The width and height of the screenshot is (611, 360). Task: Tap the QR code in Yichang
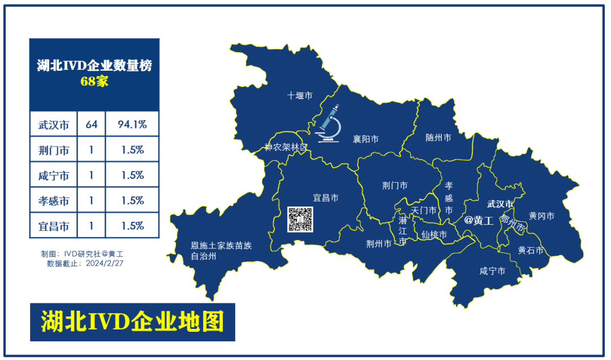(300, 220)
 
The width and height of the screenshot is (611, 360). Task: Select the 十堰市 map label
(299, 96)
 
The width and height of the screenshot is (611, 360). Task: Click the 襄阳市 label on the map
(365, 139)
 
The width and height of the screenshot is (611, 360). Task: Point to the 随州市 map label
(438, 138)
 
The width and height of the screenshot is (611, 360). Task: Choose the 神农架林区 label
(286, 147)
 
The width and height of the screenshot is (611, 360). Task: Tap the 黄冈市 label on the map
(541, 216)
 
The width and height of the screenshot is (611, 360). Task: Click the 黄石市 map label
(531, 250)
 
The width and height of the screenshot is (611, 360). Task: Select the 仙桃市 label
(434, 234)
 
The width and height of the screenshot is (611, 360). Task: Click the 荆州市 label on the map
(378, 244)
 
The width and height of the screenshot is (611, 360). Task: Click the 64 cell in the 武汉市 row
(91, 125)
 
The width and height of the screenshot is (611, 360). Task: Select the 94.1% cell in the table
(132, 125)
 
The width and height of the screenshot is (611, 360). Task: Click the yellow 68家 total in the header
(94, 81)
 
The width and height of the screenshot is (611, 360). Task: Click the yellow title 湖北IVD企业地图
(132, 322)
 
